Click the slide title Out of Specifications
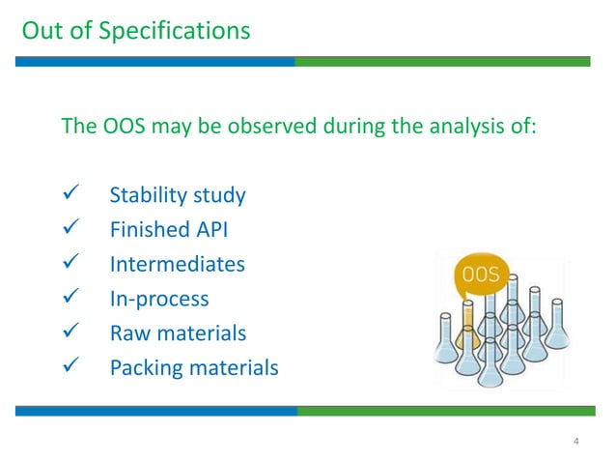pyautogui.click(x=135, y=30)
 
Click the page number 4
pyautogui.click(x=576, y=442)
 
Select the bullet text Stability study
pyautogui.click(x=178, y=195)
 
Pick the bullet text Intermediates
pyautogui.click(x=178, y=264)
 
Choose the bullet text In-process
pyautogui.click(x=159, y=299)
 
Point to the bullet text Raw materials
pyautogui.click(x=178, y=333)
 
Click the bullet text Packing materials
pyautogui.click(x=194, y=368)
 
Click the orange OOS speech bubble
pyautogui.click(x=480, y=275)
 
